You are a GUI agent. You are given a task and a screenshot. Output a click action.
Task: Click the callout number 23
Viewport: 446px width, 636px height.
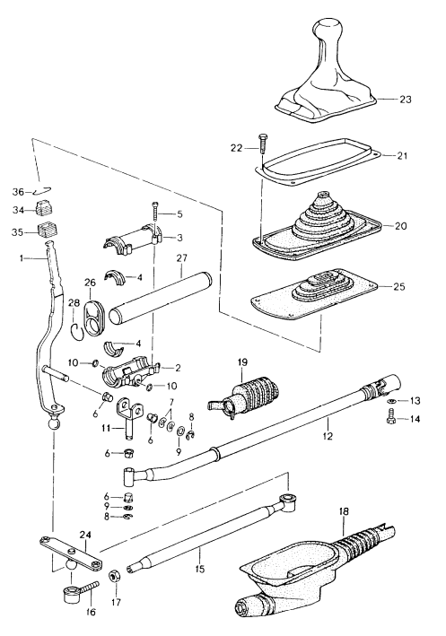406,100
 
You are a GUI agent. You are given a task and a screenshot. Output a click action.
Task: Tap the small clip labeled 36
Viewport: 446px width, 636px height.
44,190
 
